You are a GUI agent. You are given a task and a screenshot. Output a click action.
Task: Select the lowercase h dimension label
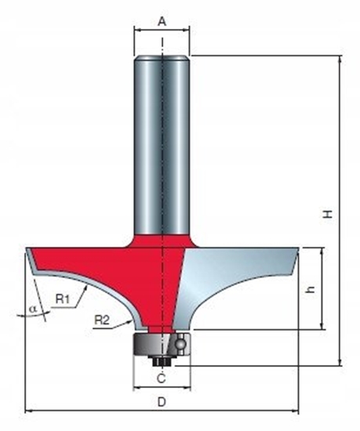[311, 289]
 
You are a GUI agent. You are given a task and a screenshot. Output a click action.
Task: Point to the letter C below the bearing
[161, 379]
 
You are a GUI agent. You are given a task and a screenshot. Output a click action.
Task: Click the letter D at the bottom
[162, 403]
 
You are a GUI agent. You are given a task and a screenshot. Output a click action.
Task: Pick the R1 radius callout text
[64, 299]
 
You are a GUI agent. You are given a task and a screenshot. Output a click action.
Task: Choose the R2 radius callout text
[100, 320]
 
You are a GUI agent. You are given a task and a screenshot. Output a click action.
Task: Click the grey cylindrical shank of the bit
[162, 141]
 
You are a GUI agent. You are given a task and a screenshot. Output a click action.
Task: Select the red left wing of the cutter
[86, 263]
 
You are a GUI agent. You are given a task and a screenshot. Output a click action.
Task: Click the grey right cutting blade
[235, 270]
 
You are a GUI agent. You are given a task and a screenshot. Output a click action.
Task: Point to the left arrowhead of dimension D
[29, 411]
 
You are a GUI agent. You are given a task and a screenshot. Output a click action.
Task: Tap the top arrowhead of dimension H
[340, 60]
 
